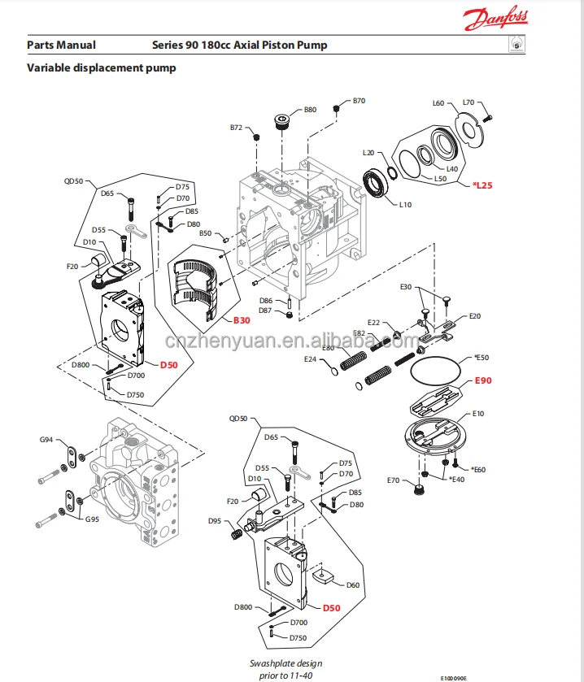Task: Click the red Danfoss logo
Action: [495, 18]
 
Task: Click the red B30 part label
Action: [242, 320]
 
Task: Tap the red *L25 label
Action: [482, 185]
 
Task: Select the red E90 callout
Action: [483, 380]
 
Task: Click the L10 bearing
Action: [375, 183]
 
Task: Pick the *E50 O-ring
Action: [435, 371]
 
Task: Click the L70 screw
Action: [487, 117]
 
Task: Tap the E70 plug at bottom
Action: [419, 489]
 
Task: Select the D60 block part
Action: [323, 576]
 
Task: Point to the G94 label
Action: [46, 440]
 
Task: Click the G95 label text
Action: [92, 519]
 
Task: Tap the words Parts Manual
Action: [61, 46]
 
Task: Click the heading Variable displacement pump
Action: [102, 67]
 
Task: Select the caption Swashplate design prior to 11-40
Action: [286, 669]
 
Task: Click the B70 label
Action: [359, 101]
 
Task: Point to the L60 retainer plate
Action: [469, 128]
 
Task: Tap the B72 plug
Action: [256, 137]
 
